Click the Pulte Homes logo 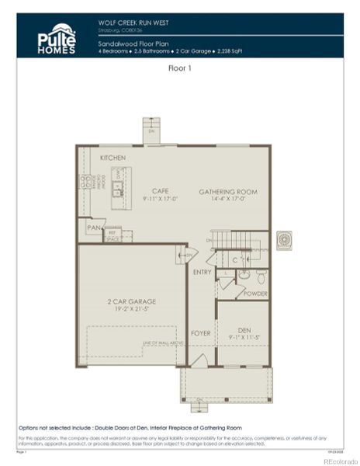click(x=57, y=39)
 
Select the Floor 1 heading click(x=180, y=69)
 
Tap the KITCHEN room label click(x=112, y=158)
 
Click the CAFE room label click(x=160, y=190)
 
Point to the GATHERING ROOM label click(x=227, y=191)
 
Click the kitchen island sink click(x=118, y=187)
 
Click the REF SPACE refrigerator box click(x=112, y=235)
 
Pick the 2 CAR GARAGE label click(x=131, y=301)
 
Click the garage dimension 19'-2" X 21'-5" click(x=131, y=308)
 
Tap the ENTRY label click(x=202, y=272)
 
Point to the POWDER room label click(x=255, y=294)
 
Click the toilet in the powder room click(x=261, y=277)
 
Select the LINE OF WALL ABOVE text click(x=162, y=343)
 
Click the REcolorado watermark click(x=335, y=460)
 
